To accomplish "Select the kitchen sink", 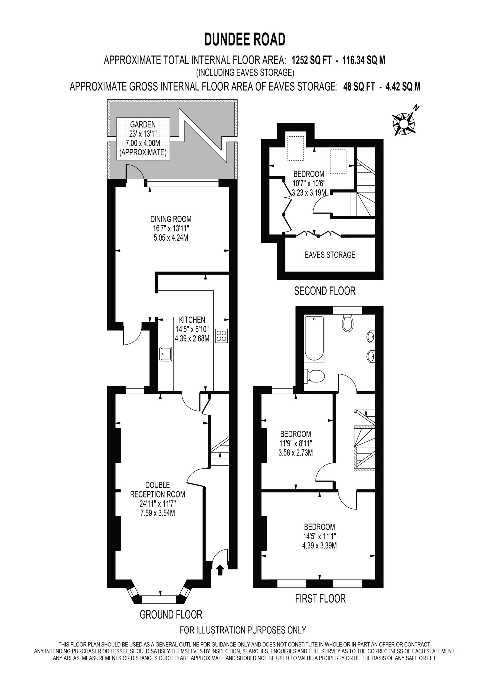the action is point(166,354).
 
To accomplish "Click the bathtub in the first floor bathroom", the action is point(314,339).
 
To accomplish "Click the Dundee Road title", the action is point(245,39).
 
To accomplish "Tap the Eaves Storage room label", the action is point(330,255).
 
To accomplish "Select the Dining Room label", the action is point(171,228).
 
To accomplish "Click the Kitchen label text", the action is point(192,320).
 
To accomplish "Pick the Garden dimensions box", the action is point(143,139).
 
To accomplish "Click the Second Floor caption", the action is point(325,291).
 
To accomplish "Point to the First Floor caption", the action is point(320,599).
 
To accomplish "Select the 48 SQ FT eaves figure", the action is point(359,87).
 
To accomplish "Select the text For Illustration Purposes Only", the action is point(243,630).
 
